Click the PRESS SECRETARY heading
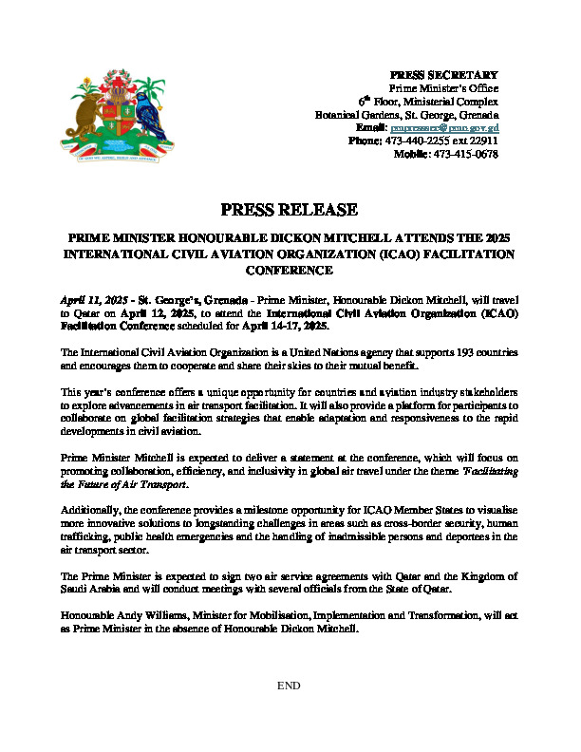pos(444,74)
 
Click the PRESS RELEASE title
pos(289,210)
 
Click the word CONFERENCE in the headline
pos(289,270)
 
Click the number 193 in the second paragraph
pos(423,352)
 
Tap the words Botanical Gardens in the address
pos(350,114)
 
